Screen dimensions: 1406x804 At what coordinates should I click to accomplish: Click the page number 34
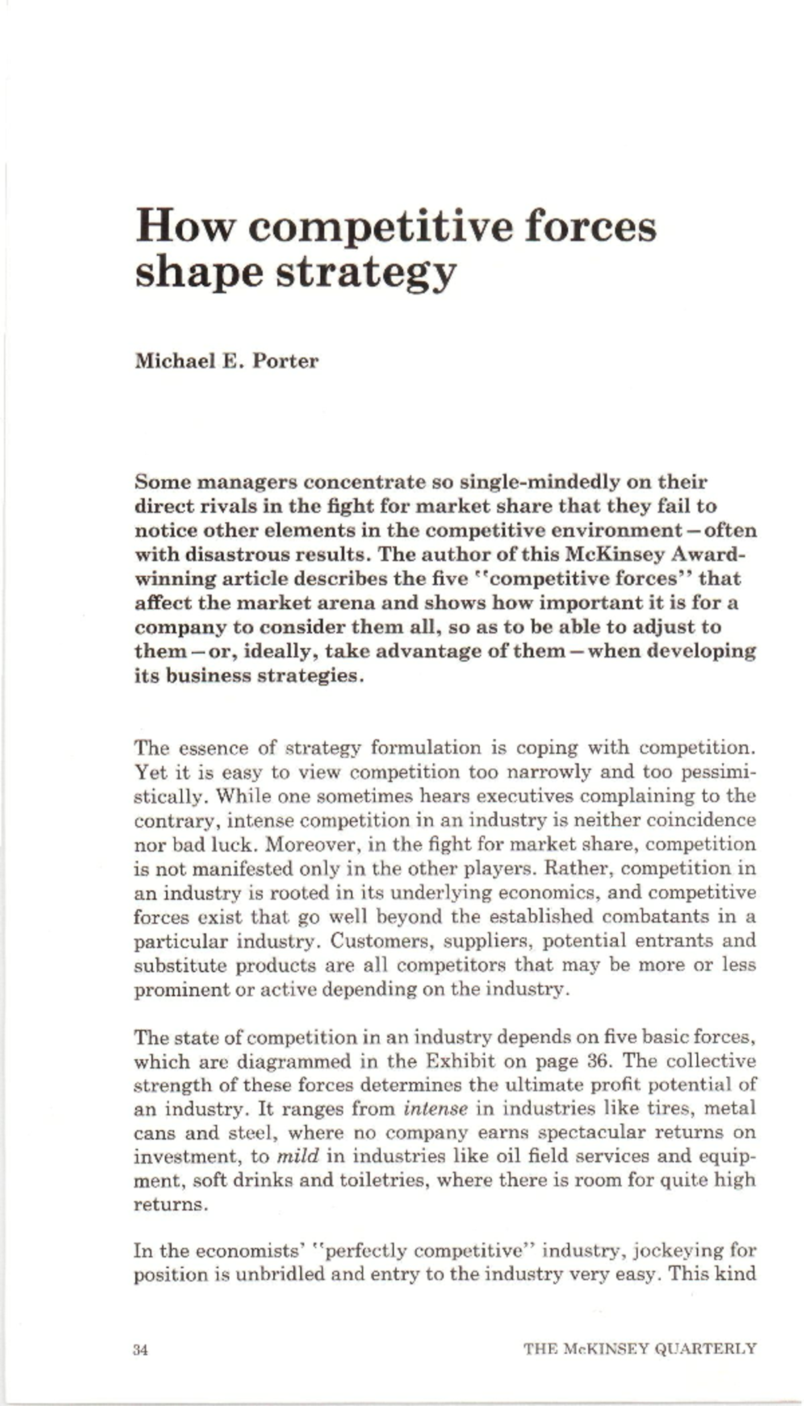[x=140, y=1349]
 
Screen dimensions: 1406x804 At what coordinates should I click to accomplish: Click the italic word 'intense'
[x=435, y=1109]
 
